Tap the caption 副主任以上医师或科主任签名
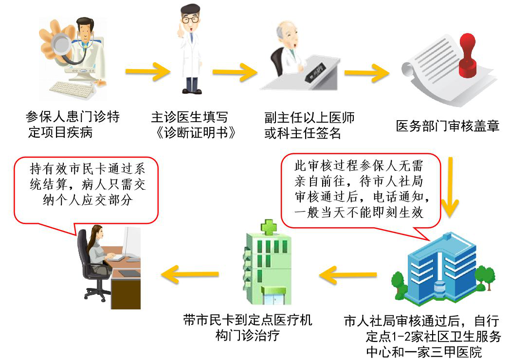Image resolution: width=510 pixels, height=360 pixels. pyautogui.click(x=309, y=125)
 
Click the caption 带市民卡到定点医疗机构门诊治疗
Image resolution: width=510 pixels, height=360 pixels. pyautogui.click(x=247, y=327)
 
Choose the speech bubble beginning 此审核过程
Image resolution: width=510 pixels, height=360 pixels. pyautogui.click(x=361, y=189)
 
